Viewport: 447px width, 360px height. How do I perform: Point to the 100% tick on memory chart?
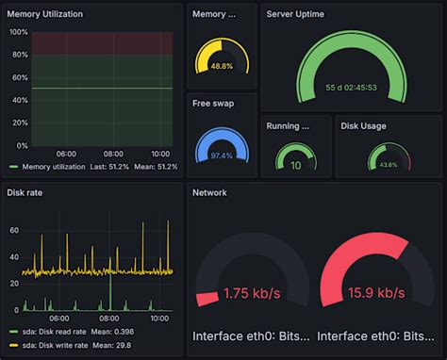tap(17, 31)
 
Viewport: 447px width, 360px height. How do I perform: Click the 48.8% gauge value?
tap(222, 66)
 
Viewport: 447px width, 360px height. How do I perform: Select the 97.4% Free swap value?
tap(222, 155)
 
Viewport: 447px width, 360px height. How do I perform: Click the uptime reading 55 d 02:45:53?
tap(351, 87)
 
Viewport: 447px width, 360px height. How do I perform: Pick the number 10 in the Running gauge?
tap(295, 165)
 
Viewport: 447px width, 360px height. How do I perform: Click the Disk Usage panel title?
tap(363, 125)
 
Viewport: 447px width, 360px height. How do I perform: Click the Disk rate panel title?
tap(25, 192)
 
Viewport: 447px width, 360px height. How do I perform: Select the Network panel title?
tap(209, 192)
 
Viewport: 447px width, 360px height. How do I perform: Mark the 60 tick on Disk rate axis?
tap(14, 229)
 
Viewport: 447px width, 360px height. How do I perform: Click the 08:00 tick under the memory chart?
tap(113, 153)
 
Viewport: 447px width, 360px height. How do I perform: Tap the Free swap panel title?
tap(213, 103)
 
